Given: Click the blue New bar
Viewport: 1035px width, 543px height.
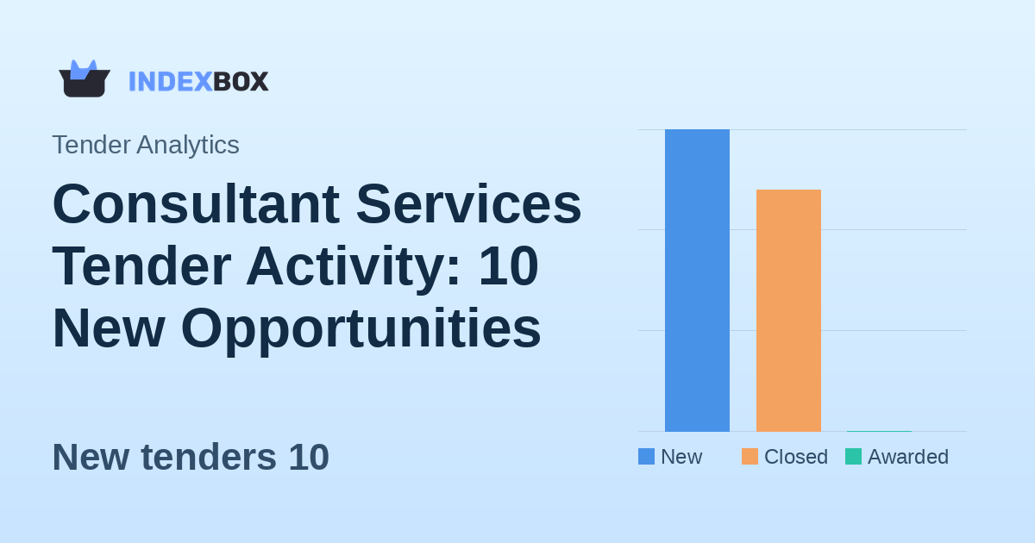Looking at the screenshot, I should (697, 280).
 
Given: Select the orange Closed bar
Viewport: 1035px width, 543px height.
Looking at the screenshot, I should (788, 310).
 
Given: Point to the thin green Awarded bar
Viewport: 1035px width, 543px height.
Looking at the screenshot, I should (879, 430).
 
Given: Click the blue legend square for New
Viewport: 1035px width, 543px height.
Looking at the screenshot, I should (646, 457).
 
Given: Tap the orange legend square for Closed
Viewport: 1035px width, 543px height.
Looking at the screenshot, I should (750, 457).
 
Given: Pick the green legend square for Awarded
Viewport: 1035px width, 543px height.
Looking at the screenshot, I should (853, 457).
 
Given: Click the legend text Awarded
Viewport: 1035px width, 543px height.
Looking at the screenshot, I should (907, 457).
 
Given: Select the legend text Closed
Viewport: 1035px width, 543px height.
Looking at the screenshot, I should (795, 457).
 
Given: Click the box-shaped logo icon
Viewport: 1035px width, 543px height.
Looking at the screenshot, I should (85, 79).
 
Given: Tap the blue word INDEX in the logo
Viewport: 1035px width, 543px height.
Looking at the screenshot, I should (170, 81).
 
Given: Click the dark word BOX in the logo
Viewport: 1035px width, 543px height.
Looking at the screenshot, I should (241, 81).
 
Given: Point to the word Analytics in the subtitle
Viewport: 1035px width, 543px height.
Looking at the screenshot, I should (187, 145).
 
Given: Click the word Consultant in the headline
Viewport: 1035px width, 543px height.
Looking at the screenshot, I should (196, 204).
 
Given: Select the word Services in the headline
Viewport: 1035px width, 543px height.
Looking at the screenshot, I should (468, 204).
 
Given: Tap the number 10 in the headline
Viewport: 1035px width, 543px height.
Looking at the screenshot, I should (508, 266).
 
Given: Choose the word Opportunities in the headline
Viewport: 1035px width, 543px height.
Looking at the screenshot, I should (361, 328).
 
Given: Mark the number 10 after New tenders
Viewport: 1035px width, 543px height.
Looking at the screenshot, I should (309, 457).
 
